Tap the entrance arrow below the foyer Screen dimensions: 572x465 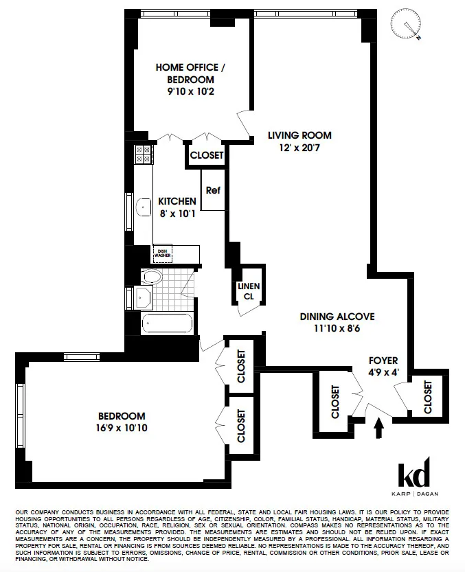tap(376, 428)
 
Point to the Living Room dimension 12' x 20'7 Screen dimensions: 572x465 tap(299, 148)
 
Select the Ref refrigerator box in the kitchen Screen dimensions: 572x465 tap(213, 190)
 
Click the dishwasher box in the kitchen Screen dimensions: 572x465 tap(163, 253)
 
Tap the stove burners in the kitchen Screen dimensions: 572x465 tap(144, 155)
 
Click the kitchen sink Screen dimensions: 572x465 tap(144, 206)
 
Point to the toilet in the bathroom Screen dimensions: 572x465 tap(151, 276)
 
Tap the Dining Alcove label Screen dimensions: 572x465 tap(337, 317)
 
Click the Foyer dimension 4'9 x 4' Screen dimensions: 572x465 tap(383, 373)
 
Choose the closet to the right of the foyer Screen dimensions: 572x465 tap(428, 398)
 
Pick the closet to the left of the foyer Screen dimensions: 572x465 tap(335, 402)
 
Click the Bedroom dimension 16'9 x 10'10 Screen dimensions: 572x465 tap(123, 428)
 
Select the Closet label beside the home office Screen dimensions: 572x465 tap(207, 155)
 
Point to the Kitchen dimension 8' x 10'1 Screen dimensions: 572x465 tap(177, 213)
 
